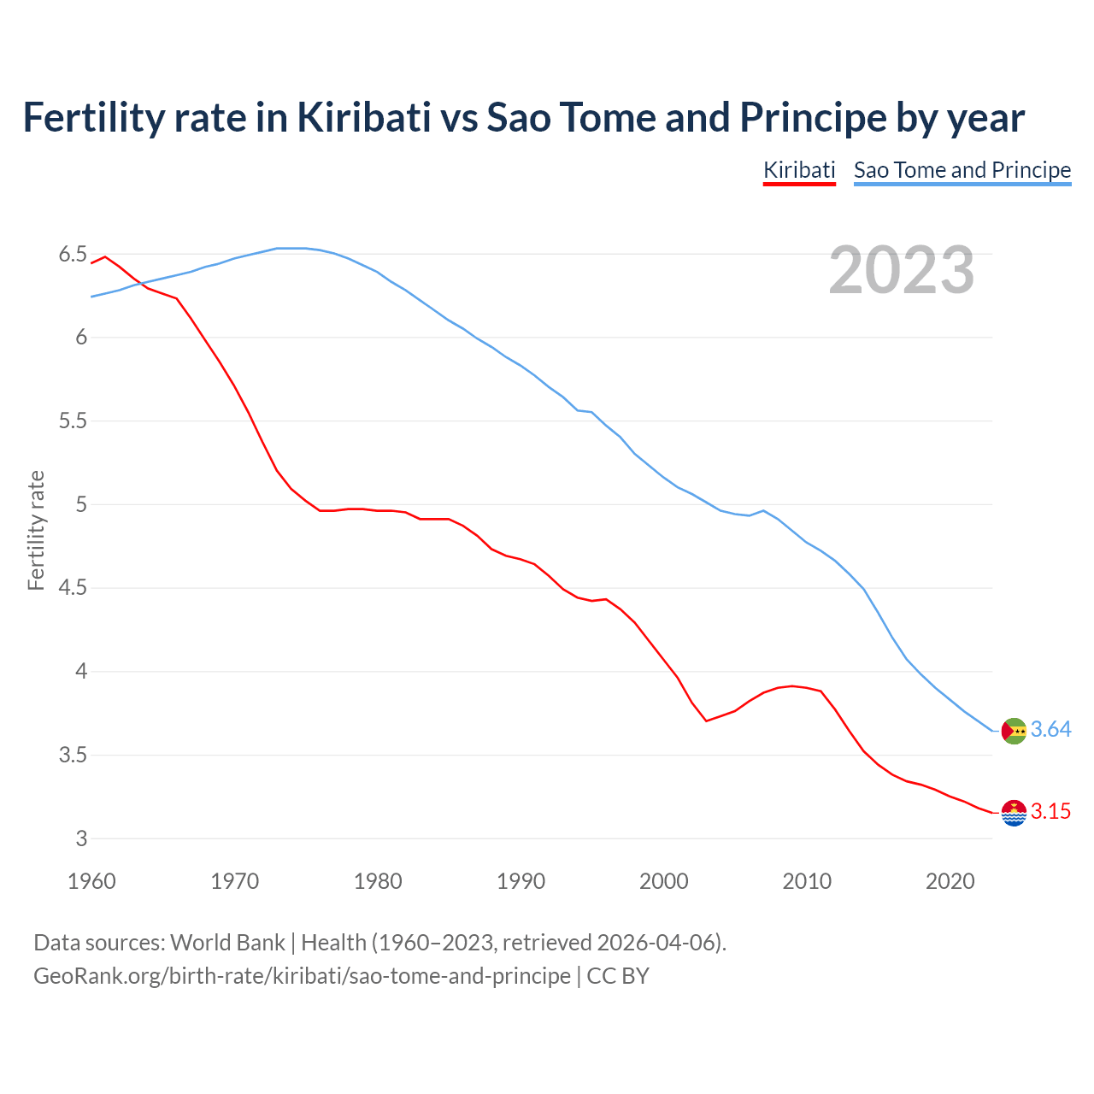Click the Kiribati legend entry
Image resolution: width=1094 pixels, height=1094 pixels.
click(x=798, y=170)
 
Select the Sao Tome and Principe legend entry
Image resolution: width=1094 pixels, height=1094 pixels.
click(x=962, y=170)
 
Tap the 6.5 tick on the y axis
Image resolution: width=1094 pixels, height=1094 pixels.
click(x=73, y=254)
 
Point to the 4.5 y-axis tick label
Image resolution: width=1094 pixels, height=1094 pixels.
click(x=73, y=588)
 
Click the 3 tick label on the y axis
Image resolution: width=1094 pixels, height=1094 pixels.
click(x=81, y=838)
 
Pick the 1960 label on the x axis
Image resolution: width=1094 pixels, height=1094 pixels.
click(x=91, y=881)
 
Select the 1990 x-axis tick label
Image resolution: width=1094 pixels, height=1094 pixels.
click(x=521, y=881)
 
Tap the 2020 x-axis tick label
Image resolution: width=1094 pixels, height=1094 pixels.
click(x=950, y=881)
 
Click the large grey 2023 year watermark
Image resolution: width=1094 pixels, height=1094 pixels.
click(x=901, y=270)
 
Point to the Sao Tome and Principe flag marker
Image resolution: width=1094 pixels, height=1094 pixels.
click(x=1014, y=731)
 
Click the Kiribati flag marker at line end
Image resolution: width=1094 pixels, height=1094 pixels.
click(x=1014, y=813)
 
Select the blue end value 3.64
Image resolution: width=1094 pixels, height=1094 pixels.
click(x=1050, y=730)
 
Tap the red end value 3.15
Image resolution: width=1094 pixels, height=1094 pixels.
click(x=1050, y=812)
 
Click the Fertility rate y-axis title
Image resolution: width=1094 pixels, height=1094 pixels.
click(x=36, y=530)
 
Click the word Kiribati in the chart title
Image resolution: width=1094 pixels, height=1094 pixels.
click(x=363, y=117)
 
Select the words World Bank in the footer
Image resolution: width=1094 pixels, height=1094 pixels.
click(x=227, y=943)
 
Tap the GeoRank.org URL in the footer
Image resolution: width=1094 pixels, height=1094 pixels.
click(x=302, y=976)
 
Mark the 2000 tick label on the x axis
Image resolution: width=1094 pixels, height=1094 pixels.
click(x=663, y=881)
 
